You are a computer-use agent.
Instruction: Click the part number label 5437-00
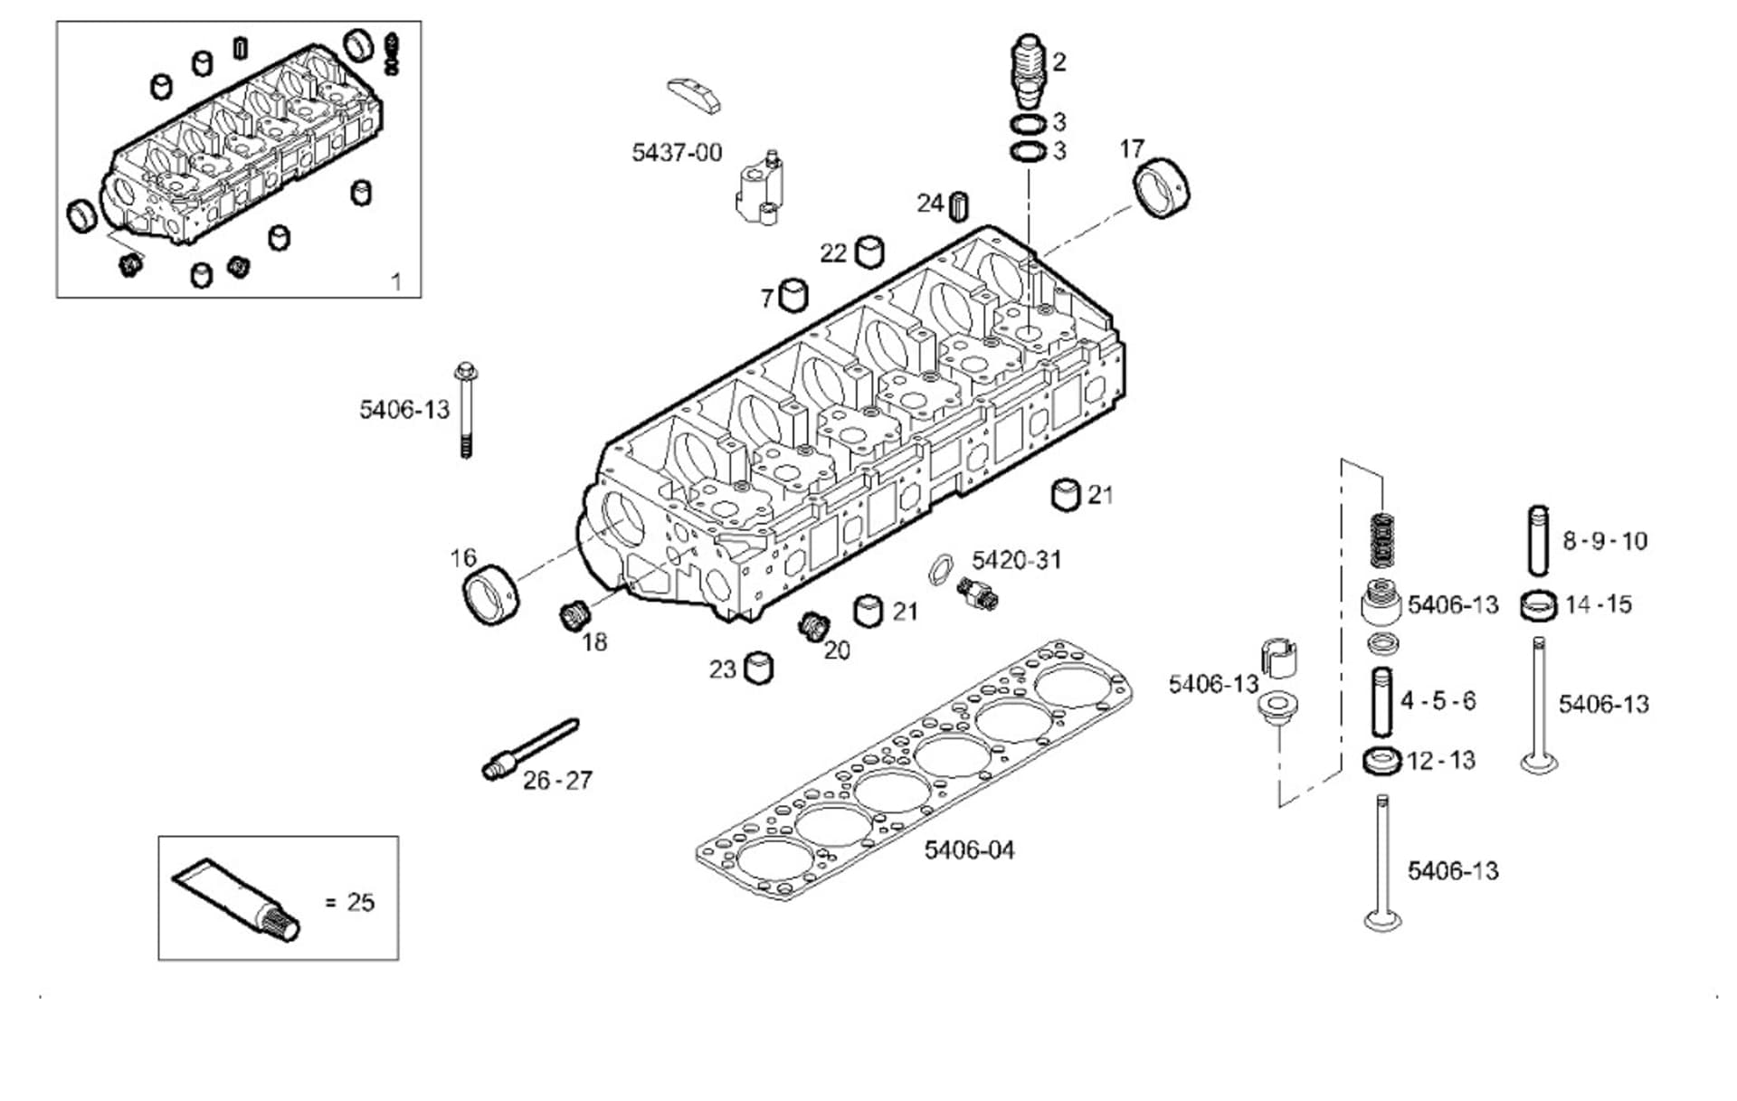click(x=676, y=152)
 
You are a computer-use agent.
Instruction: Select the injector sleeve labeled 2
click(x=1028, y=72)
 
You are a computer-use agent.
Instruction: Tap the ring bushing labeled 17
click(x=1162, y=188)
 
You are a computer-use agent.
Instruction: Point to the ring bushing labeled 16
click(x=491, y=593)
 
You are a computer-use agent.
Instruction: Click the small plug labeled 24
click(x=959, y=206)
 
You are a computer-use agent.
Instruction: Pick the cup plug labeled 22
click(x=869, y=252)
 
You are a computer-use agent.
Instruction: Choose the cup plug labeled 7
click(x=793, y=295)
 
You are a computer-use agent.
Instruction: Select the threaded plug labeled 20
click(x=813, y=625)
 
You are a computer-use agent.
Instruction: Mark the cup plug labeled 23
click(x=758, y=669)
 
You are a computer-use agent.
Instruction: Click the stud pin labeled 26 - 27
click(x=529, y=749)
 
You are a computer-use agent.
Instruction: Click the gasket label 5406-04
click(x=969, y=849)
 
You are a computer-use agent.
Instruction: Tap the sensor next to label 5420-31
click(x=978, y=593)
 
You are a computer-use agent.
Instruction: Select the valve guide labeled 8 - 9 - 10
click(x=1538, y=541)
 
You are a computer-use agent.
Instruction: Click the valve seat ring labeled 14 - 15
click(x=1538, y=604)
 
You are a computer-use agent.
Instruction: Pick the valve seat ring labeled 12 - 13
click(x=1381, y=760)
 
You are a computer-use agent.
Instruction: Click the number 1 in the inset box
click(x=395, y=281)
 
